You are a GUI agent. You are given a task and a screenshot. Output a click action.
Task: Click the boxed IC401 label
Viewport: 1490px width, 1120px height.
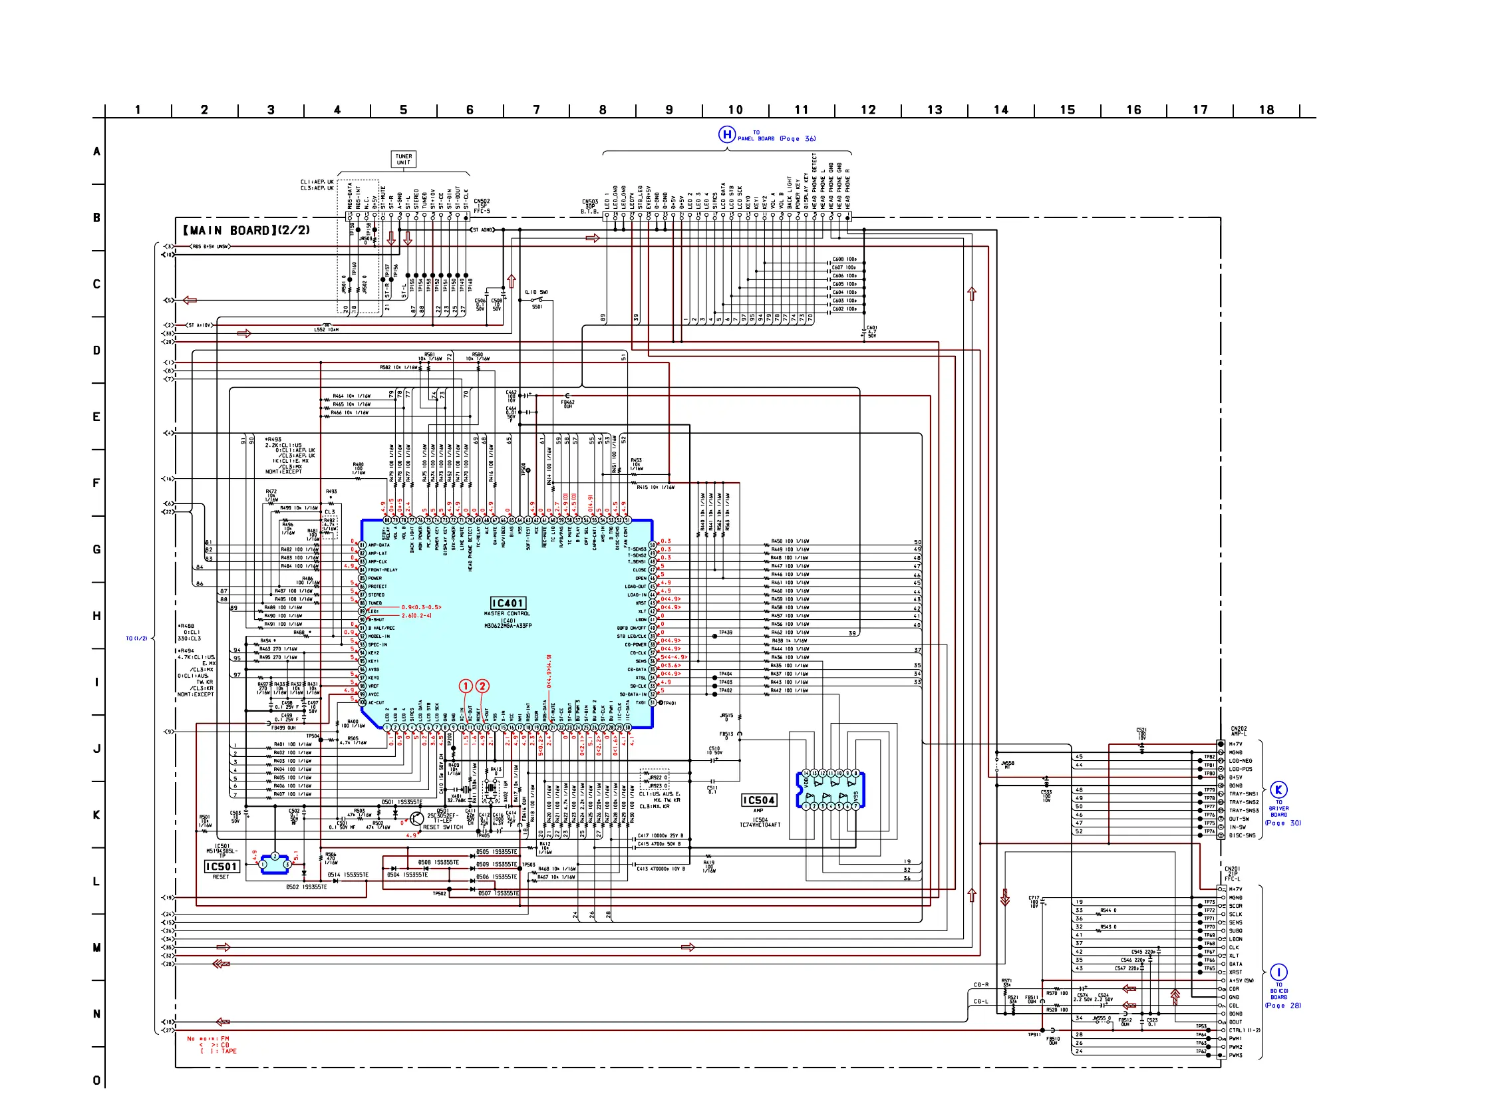(508, 603)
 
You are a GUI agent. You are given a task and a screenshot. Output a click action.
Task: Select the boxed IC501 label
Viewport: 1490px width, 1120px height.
(222, 867)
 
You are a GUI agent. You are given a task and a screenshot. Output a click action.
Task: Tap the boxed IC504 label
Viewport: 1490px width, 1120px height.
(758, 800)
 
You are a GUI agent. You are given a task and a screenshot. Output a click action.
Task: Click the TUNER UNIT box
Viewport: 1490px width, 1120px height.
(404, 159)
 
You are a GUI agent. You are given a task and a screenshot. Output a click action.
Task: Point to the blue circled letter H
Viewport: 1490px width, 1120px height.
(726, 135)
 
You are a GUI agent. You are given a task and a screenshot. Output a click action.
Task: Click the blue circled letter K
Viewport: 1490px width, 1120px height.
(1278, 790)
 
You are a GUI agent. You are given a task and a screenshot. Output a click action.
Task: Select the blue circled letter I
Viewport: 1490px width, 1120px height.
(1278, 972)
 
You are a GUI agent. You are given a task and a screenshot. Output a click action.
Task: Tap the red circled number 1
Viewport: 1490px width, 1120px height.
(466, 686)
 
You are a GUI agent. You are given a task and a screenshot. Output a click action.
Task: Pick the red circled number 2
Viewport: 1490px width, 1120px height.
(482, 686)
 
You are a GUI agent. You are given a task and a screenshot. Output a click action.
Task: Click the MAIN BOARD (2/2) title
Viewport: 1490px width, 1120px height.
(247, 230)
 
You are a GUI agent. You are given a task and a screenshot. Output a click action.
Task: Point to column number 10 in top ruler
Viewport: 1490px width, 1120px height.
(735, 110)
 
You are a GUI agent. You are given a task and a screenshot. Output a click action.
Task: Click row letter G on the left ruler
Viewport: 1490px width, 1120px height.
(97, 549)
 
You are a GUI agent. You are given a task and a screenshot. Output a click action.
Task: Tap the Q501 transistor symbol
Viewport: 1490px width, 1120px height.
(416, 819)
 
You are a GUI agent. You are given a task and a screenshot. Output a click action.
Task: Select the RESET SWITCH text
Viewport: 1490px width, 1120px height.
(442, 828)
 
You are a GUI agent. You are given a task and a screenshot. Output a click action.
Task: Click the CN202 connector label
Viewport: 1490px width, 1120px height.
(1239, 731)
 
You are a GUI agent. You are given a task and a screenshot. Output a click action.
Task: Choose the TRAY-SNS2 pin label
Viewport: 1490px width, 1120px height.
(1243, 803)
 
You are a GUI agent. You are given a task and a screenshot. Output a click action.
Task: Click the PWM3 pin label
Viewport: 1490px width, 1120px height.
(1235, 1055)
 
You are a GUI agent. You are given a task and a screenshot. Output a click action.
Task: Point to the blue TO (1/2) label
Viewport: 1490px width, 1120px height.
(136, 638)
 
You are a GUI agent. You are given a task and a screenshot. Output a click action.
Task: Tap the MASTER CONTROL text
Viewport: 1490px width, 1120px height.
(508, 614)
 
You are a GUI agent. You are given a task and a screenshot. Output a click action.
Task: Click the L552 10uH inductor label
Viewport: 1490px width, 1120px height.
(326, 330)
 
